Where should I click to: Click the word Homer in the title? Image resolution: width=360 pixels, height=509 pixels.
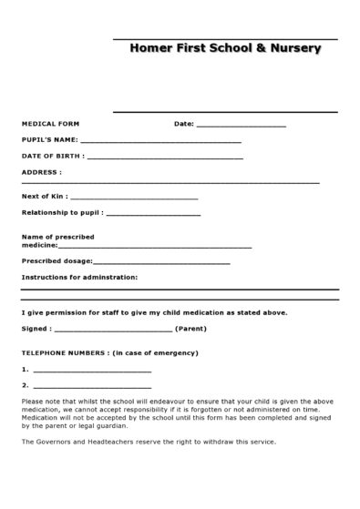tap(149, 48)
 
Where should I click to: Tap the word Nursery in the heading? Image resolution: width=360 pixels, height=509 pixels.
tap(293, 48)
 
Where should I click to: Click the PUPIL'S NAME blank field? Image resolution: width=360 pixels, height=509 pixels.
tap(160, 142)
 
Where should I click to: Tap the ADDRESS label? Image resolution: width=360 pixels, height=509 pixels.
tap(41, 171)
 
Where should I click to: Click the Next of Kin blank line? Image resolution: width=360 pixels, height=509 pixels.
tap(133, 198)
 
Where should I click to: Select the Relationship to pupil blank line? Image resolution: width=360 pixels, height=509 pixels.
tap(153, 214)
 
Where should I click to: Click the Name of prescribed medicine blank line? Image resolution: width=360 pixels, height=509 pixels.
tap(155, 247)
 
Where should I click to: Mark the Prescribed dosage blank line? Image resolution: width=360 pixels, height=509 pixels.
tap(155, 262)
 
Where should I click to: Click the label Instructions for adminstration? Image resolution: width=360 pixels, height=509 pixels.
tap(79, 276)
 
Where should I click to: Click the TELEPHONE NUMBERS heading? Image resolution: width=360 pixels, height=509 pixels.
tap(63, 352)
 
